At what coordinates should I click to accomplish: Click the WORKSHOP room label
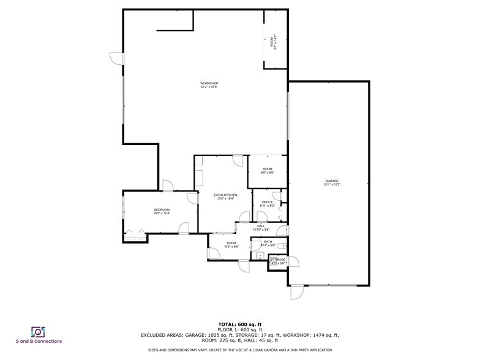(x=209, y=83)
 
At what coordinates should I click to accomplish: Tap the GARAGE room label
(x=332, y=181)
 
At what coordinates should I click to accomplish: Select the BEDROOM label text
(x=162, y=210)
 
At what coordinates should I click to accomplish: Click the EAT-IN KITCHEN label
(x=225, y=195)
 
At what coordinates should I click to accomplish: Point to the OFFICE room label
(x=267, y=202)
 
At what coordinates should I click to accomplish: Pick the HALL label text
(x=261, y=227)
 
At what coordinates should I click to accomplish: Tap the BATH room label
(x=259, y=242)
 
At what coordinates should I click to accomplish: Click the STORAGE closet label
(x=278, y=260)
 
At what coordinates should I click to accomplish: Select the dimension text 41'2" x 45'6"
(x=209, y=87)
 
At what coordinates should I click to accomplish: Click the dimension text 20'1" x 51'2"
(x=332, y=185)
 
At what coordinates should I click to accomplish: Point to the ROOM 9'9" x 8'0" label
(x=268, y=170)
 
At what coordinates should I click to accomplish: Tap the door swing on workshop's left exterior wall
(x=116, y=58)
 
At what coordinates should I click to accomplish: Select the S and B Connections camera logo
(x=39, y=331)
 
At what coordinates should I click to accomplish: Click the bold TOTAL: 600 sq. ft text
(x=240, y=324)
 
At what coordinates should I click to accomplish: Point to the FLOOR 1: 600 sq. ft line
(x=240, y=329)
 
